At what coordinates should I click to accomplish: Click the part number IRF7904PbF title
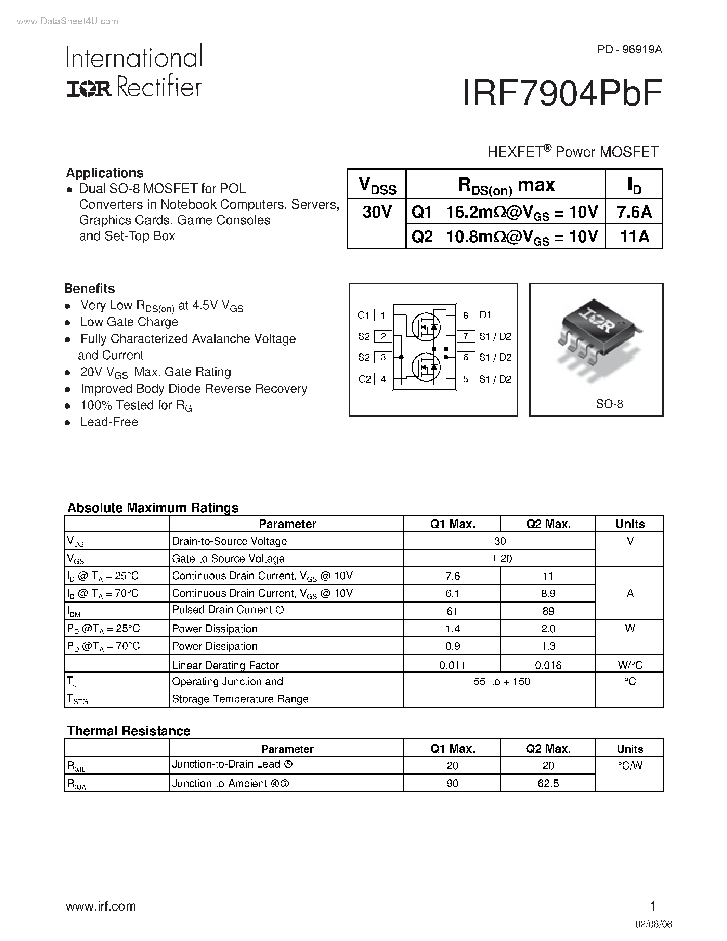point(562,93)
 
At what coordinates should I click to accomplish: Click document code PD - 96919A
point(629,50)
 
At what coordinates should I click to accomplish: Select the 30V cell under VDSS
point(376,212)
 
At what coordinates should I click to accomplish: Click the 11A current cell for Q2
point(634,236)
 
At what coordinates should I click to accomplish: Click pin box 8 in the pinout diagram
point(466,315)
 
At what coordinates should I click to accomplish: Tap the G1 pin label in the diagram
point(363,315)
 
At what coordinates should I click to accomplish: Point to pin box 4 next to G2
point(383,379)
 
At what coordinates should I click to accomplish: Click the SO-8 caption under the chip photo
point(609,404)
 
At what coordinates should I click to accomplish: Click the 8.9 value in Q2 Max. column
point(548,594)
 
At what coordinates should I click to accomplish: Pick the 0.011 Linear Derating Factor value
point(452,665)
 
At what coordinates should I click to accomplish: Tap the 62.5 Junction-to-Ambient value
point(548,783)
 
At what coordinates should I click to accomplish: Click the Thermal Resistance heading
point(128,731)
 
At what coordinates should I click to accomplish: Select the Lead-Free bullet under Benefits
point(109,422)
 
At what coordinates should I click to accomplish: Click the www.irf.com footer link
point(101,906)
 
